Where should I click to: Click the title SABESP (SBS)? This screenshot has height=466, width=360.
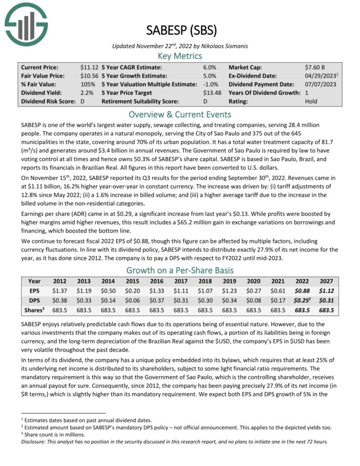pyautogui.click(x=180, y=30)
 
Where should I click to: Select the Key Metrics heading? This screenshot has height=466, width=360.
pyautogui.click(x=180, y=56)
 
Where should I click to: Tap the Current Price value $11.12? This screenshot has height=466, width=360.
pyautogui.click(x=89, y=67)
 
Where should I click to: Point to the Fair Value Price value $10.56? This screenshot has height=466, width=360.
pyautogui.click(x=89, y=76)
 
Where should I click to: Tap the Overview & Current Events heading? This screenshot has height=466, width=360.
pyautogui.click(x=180, y=114)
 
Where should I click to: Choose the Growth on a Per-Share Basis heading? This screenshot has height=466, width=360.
pyautogui.click(x=180, y=270)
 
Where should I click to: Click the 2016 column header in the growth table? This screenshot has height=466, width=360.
pyautogui.click(x=157, y=281)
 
